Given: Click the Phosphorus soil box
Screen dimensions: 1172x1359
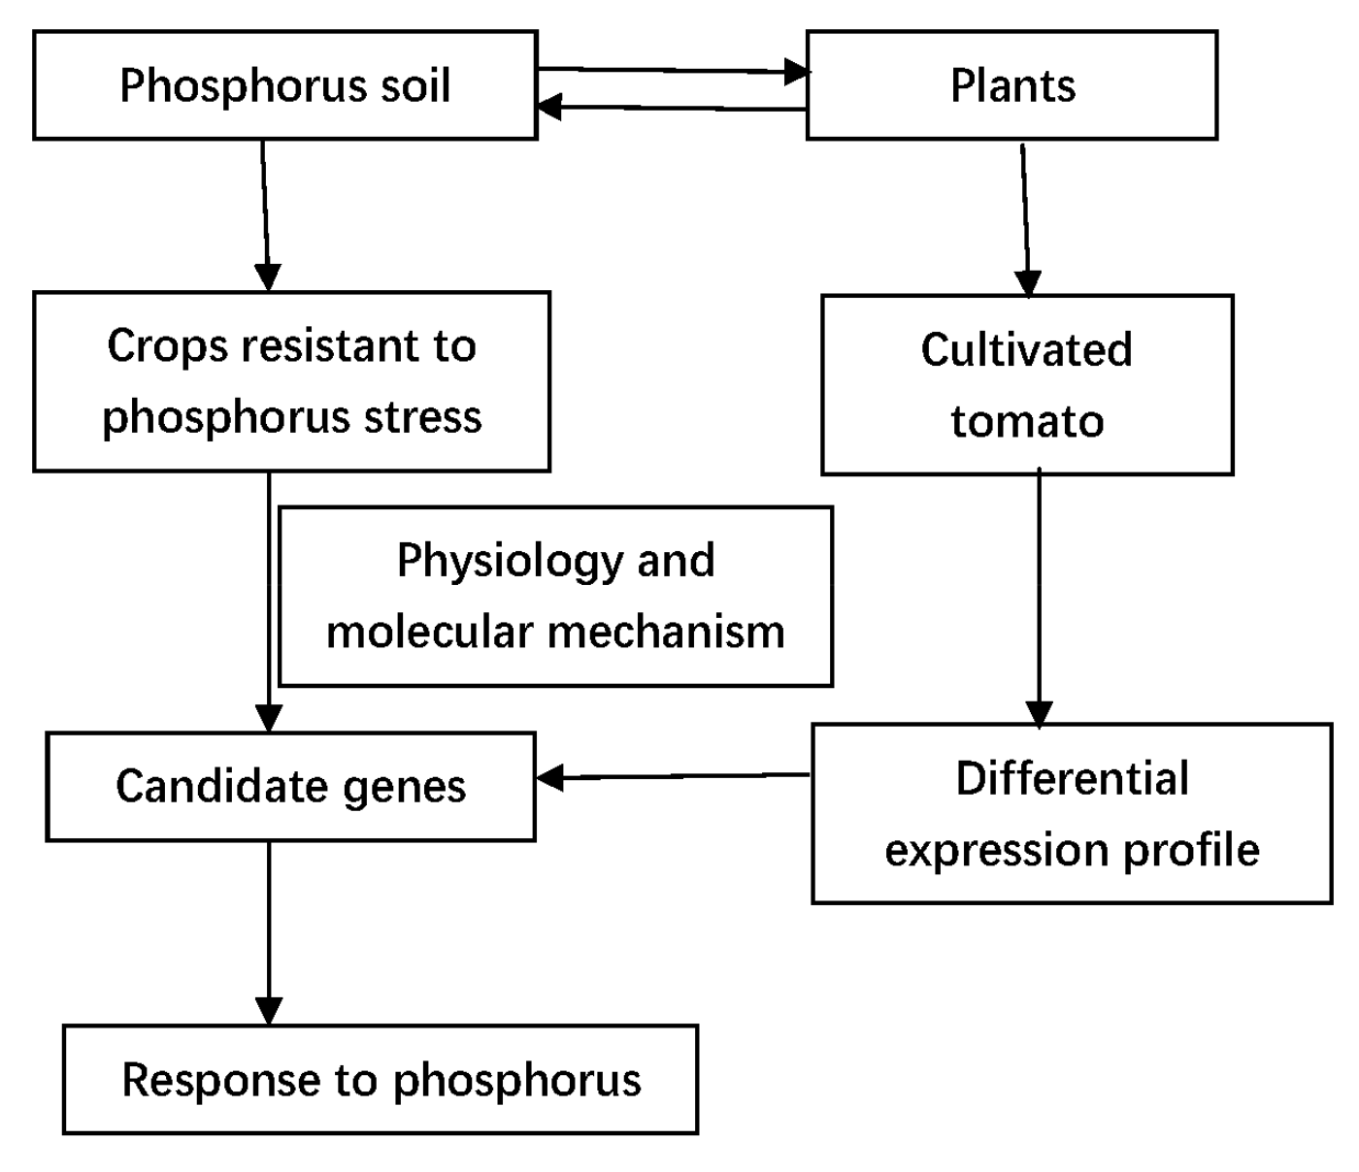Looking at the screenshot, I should click(284, 85).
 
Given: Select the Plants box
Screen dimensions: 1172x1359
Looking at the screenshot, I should click(1011, 85).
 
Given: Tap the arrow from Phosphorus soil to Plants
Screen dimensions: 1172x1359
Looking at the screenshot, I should click(670, 70).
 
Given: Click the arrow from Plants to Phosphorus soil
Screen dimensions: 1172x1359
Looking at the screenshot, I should click(670, 108).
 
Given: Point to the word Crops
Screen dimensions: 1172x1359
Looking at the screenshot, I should click(166, 346).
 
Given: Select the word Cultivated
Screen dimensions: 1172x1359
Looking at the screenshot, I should click(1026, 350).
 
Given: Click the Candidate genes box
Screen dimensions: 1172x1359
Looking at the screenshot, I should click(290, 786).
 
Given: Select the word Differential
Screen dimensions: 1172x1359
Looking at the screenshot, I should click(1072, 779).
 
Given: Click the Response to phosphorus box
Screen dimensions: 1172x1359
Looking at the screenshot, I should click(381, 1080).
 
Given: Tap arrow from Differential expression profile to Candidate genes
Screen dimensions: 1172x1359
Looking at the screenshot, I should click(672, 776).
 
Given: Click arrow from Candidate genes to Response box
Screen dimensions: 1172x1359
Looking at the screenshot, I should click(269, 931).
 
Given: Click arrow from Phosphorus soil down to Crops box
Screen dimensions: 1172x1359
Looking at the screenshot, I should click(265, 213).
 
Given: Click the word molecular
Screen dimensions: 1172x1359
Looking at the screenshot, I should click(428, 633).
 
